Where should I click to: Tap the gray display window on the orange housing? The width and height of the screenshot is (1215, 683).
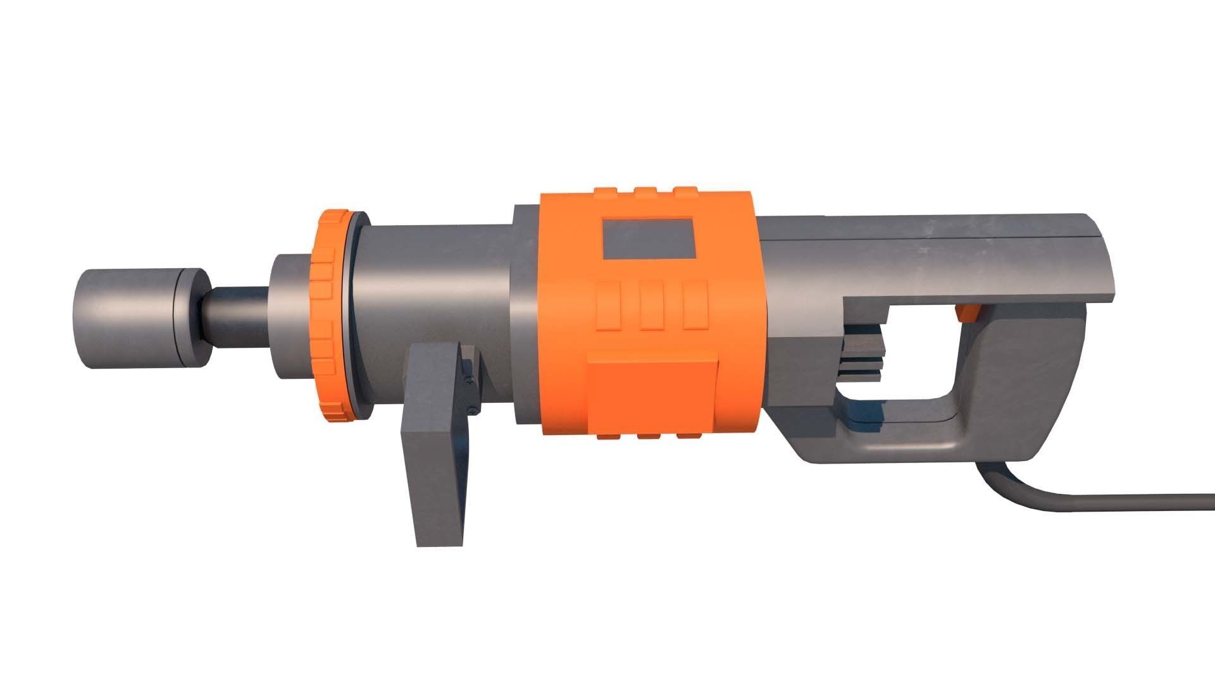[648, 239]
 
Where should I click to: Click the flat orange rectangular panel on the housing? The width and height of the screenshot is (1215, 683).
[653, 395]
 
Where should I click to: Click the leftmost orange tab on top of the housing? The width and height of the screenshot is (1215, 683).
[606, 192]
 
